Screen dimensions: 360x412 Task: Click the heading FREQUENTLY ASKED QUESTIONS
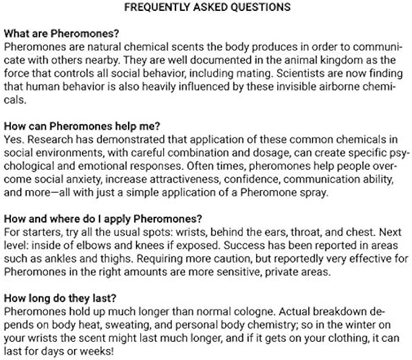[208, 8]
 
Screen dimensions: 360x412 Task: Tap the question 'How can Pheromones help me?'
[82, 126]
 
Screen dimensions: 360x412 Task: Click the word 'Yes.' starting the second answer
[13, 139]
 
